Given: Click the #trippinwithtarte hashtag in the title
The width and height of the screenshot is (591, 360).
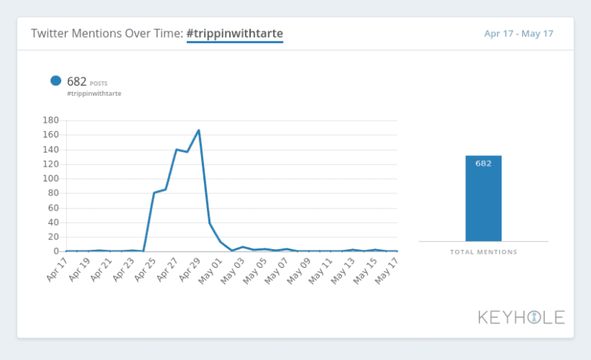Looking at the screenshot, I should tap(234, 33).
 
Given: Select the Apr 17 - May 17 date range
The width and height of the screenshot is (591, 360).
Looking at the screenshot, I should tap(518, 34).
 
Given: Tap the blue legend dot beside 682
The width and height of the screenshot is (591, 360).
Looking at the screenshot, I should tap(56, 81).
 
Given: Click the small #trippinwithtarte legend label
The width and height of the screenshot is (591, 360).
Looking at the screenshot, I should tap(94, 94).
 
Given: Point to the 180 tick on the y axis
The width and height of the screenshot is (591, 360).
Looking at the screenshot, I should tap(51, 120).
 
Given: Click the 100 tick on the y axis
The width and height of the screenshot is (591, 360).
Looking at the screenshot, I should tap(51, 179).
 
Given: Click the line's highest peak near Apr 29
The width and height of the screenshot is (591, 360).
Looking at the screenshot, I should tap(199, 130).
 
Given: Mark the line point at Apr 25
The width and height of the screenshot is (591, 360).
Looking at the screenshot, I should tap(154, 193).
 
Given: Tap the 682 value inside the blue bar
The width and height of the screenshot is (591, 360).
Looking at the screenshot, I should tap(483, 164).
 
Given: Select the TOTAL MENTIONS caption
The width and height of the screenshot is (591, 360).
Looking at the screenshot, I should tap(483, 252).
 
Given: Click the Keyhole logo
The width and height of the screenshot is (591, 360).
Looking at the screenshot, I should tap(521, 318).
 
